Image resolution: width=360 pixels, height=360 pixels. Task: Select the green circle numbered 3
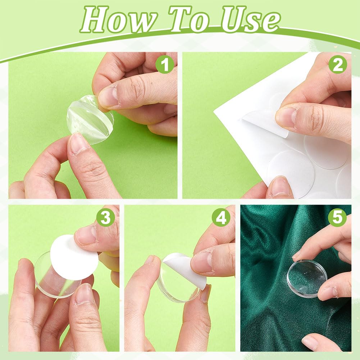click(x=105, y=217)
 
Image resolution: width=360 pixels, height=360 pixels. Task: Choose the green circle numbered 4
click(x=221, y=217)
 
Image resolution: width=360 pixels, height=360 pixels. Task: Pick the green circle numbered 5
click(x=337, y=217)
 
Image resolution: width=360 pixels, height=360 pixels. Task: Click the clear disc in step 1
click(x=90, y=120)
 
